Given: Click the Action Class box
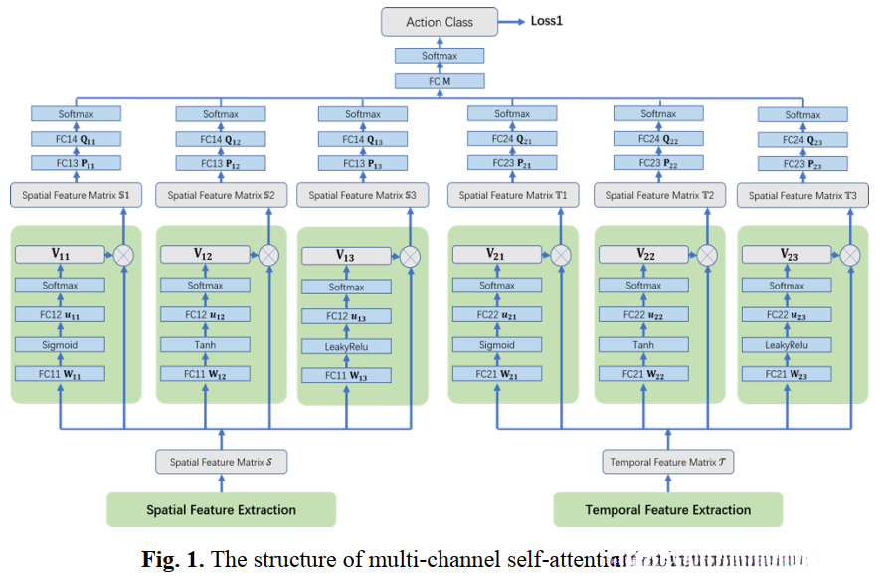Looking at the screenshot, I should [440, 22].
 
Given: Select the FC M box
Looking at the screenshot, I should [440, 81].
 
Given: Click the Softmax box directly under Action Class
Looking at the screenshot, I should [440, 57].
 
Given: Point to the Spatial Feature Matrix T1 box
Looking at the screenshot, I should [513, 196].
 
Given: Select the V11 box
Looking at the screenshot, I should [61, 255].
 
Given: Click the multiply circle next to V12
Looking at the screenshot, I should [267, 255].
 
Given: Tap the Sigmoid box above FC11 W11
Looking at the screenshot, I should [61, 345].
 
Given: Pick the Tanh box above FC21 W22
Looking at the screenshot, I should [643, 345].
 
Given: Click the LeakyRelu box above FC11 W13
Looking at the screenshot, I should [345, 347].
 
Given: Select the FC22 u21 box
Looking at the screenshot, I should [497, 315].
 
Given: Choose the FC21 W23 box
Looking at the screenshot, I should [787, 375].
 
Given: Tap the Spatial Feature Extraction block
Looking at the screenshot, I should [222, 510].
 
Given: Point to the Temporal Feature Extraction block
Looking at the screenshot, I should [667, 510].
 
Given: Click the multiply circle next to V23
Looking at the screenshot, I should [850, 255].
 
